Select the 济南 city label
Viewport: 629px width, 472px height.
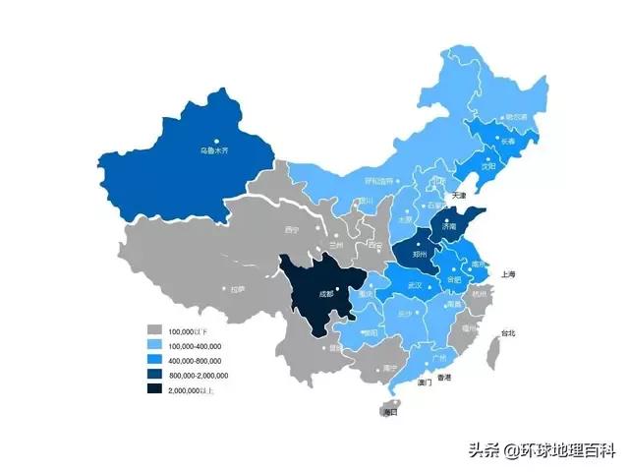pos(448,225)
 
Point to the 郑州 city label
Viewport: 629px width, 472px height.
pos(420,253)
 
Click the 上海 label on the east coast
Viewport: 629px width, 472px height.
pos(508,273)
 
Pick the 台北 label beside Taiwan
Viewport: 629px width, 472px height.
pos(507,334)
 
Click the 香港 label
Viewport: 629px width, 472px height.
pos(445,378)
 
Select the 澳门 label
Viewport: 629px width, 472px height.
pos(425,383)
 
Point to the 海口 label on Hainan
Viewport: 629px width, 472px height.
pos(390,412)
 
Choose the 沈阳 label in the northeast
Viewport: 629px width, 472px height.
pos(487,166)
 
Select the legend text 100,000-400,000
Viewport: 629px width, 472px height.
pos(195,346)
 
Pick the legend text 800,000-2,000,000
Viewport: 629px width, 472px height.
pos(199,376)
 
